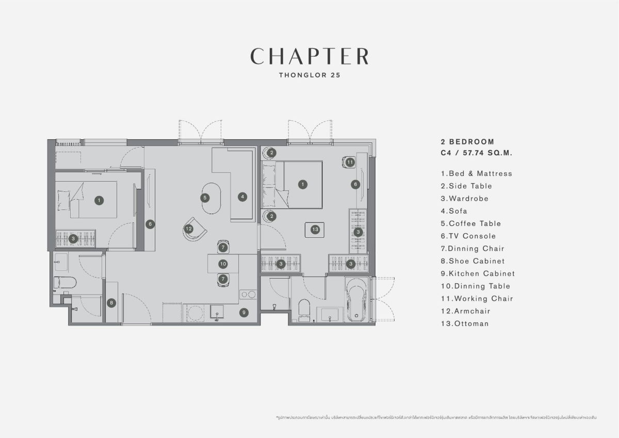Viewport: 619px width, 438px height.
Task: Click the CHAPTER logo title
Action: coord(309,56)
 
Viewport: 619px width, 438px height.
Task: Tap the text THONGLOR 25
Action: coord(309,74)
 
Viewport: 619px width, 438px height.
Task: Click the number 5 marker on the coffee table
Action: coord(205,197)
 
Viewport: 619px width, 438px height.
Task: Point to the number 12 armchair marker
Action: coord(189,229)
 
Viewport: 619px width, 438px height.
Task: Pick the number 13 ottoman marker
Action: coord(315,229)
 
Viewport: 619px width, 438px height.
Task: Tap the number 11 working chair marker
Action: coord(350,162)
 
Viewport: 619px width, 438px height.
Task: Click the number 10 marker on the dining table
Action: coord(223,264)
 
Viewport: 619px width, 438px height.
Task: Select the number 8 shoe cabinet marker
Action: coord(111,303)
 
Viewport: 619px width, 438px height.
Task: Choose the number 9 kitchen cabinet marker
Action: coord(244,312)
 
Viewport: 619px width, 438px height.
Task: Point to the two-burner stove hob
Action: coord(248,295)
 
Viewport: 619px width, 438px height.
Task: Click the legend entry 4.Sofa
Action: coord(453,211)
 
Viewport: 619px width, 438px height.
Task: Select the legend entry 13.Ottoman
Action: coord(464,323)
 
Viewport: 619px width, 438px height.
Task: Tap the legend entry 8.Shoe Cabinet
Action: coord(473,261)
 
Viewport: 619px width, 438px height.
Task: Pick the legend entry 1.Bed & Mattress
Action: coord(476,173)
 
